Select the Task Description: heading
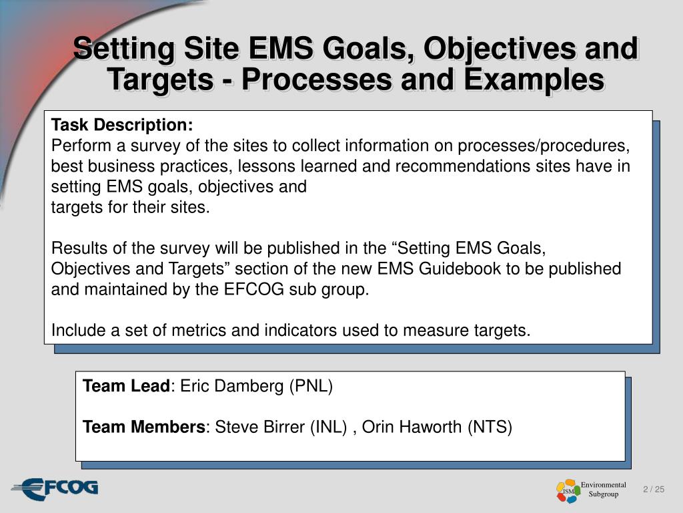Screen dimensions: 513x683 (122, 125)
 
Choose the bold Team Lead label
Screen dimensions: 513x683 (126, 386)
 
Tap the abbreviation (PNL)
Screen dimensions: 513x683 (310, 386)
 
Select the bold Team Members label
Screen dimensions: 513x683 (144, 427)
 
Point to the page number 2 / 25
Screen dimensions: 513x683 (654, 490)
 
